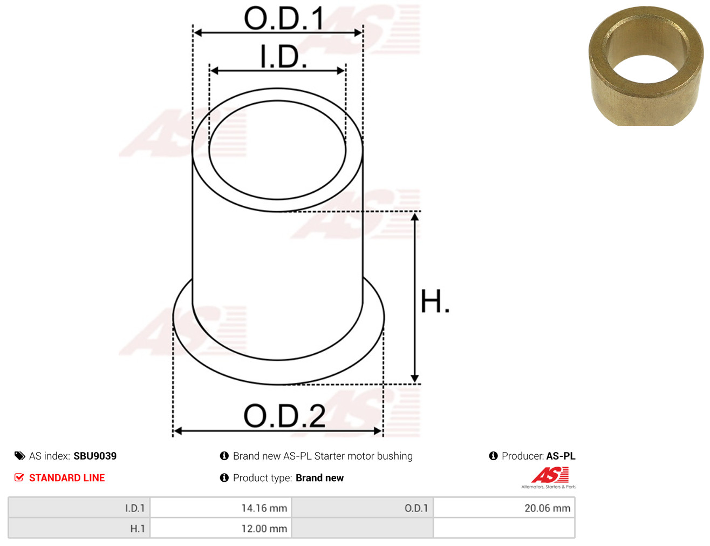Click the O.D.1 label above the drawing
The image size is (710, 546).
point(284,18)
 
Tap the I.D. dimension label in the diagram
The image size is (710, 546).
point(284,57)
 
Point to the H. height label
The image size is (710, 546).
point(434,301)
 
